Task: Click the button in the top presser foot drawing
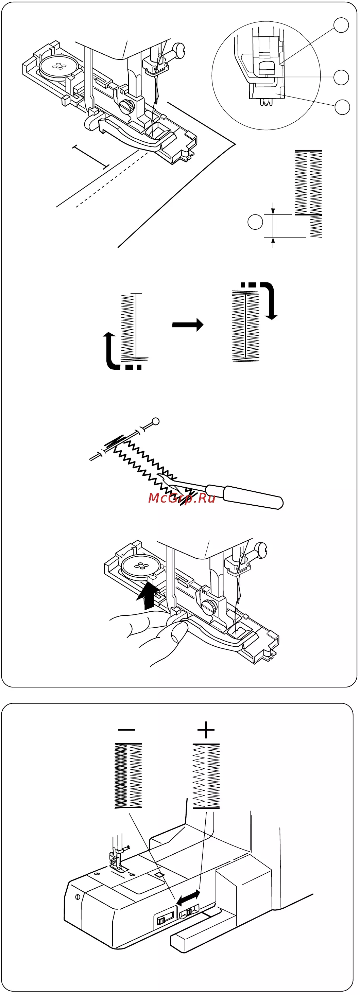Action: coord(58,67)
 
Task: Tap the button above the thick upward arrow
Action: coord(141,566)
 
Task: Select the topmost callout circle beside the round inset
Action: coord(341,25)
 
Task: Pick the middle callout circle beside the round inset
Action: coord(341,77)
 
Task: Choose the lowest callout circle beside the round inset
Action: coord(342,107)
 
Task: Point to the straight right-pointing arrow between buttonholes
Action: coord(188,325)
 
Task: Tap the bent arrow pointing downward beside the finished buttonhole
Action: coord(270,299)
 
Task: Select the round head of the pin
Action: coord(156,421)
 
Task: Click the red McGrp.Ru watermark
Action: coord(182,498)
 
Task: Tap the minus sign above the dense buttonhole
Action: coord(126,730)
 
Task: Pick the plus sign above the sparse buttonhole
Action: coord(206,730)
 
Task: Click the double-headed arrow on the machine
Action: coord(188,898)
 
